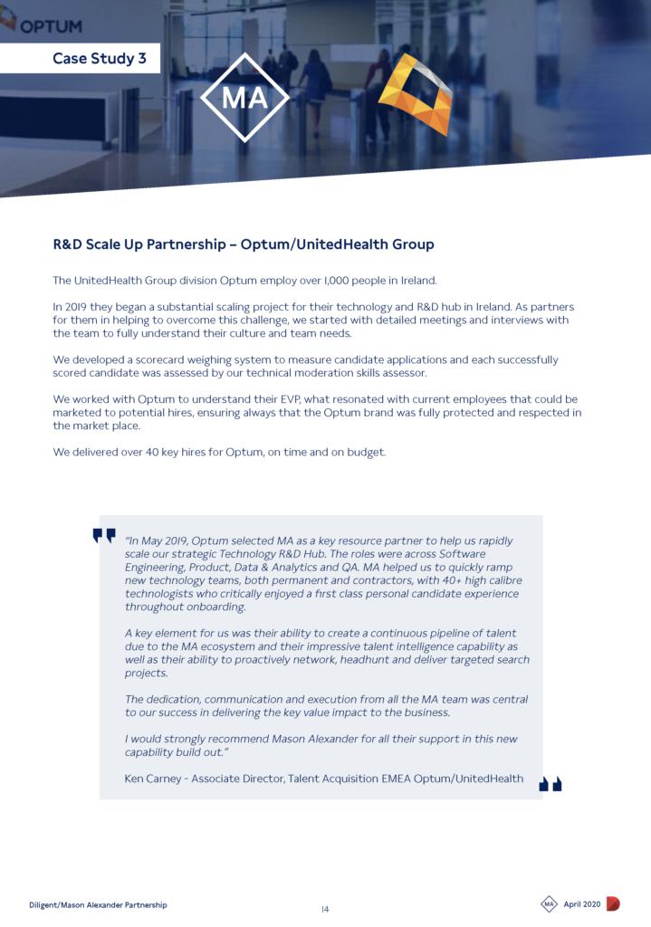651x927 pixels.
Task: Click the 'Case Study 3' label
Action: coord(99,59)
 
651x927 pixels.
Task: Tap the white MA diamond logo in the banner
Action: coord(244,97)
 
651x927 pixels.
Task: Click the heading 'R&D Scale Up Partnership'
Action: coord(144,244)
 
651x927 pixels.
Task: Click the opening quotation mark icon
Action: coord(104,536)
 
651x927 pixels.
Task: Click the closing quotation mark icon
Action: coord(550,784)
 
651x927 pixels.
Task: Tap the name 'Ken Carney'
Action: coord(152,779)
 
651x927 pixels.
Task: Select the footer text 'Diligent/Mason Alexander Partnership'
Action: coord(98,904)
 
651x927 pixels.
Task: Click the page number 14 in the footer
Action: coord(325,909)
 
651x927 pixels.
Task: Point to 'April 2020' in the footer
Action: coord(582,904)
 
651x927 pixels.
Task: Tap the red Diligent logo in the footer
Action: coord(613,903)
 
